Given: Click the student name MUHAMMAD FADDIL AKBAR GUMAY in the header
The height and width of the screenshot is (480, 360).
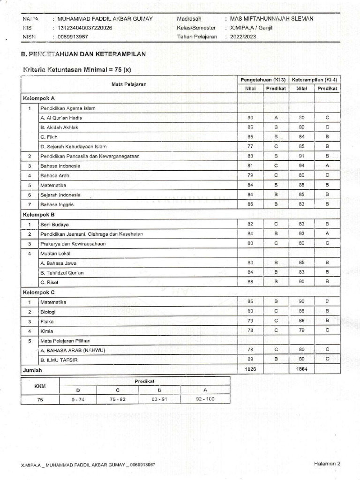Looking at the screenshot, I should (105, 19).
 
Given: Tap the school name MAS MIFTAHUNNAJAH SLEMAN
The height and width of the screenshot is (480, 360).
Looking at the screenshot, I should (269, 19).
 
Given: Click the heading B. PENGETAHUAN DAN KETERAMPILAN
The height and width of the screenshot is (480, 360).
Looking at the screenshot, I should (84, 54).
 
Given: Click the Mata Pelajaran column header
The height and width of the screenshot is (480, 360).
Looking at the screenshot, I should (129, 84).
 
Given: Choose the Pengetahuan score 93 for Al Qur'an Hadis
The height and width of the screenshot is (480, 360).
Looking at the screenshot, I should (250, 117).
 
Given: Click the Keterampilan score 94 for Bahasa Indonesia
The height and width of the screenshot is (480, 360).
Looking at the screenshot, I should (301, 165).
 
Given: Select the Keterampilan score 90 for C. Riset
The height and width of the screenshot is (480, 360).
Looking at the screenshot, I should (301, 282).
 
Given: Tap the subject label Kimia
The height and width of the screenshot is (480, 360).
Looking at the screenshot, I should (46, 331).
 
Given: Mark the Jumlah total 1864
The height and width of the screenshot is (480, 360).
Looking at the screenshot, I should (301, 369).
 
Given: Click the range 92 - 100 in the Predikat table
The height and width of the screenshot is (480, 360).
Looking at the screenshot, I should (204, 399).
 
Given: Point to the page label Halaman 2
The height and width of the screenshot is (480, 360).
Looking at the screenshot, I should (327, 464).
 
